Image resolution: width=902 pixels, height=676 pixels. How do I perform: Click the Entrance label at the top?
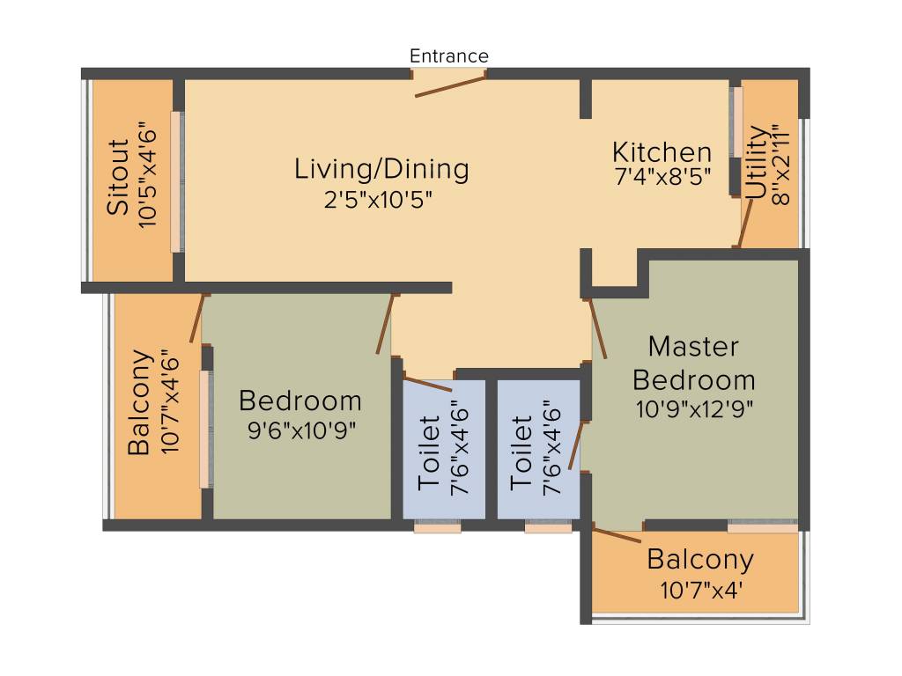448,56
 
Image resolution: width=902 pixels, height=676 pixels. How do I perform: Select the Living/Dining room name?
381,168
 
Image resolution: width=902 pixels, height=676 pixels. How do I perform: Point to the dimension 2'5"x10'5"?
378,199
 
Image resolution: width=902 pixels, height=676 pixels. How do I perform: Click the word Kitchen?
662,151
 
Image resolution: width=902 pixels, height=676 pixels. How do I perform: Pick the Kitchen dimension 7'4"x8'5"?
662,175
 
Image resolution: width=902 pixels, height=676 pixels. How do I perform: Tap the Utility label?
756,164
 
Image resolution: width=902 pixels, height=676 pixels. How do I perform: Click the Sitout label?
118,176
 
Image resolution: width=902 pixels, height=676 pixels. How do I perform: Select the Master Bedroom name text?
694,363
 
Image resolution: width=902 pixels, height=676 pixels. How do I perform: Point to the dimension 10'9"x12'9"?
694,409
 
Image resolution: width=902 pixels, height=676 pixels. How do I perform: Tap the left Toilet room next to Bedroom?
443,449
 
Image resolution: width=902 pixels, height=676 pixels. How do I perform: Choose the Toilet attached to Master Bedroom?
537,449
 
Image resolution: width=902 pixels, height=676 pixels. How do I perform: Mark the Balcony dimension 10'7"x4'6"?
170,403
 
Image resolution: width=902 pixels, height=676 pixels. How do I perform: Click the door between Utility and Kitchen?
745,224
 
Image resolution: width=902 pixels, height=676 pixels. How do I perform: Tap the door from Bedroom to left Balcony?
197,318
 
